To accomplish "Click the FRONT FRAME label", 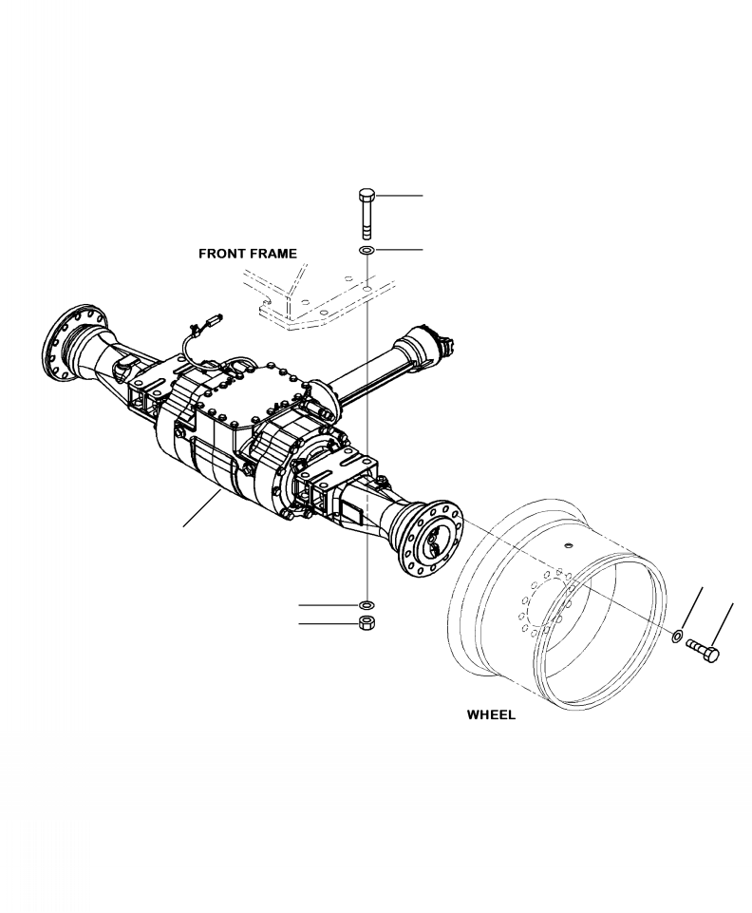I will coord(247,254).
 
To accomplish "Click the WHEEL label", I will coord(491,715).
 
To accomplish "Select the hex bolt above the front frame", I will coord(367,214).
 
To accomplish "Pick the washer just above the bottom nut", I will coord(367,604).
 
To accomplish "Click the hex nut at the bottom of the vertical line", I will coord(367,624).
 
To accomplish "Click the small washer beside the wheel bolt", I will coord(679,637).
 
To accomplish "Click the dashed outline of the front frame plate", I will coord(313,302).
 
